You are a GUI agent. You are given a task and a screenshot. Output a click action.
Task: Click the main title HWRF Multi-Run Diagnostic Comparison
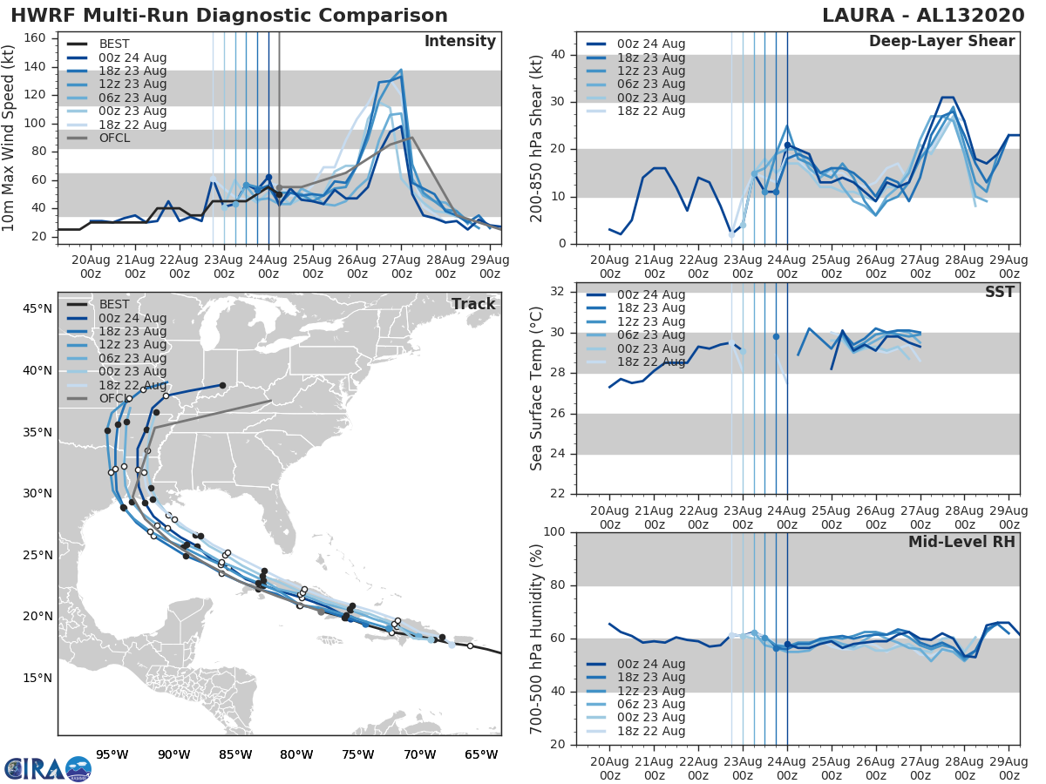(x=229, y=16)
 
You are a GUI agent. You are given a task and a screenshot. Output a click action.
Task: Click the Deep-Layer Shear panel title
(x=941, y=42)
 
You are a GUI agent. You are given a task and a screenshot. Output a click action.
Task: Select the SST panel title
(x=999, y=292)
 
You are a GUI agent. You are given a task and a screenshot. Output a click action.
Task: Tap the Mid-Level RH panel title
(x=961, y=542)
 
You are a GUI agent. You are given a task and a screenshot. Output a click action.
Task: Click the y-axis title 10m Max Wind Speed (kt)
(x=10, y=136)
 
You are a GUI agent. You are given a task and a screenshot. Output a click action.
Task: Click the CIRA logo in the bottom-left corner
(x=47, y=768)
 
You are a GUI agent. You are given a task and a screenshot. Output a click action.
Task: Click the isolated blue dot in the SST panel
(x=776, y=336)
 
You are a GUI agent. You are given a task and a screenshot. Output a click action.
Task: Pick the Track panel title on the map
(x=473, y=304)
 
